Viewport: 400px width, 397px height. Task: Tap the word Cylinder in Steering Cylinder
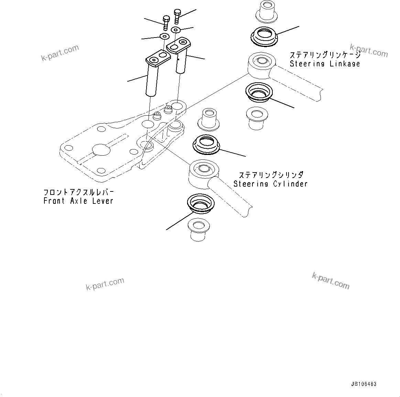coord(290,184)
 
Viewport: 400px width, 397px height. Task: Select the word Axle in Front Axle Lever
coord(79,201)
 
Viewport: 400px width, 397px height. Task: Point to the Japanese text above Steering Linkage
coord(325,55)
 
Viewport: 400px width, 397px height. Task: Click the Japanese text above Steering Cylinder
coord(271,175)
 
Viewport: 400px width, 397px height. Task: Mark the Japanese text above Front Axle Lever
coord(78,192)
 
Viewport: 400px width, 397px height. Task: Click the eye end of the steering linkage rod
coord(260,64)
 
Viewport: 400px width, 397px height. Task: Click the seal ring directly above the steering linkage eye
coord(264,35)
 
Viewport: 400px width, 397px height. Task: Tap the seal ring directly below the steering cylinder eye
coord(200,204)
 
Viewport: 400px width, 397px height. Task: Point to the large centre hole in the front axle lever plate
coord(101,150)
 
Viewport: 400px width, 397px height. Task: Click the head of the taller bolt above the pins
coord(177,12)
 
